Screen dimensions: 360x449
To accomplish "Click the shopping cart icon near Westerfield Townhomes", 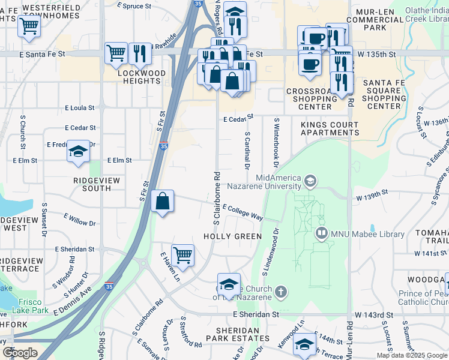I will (28, 26).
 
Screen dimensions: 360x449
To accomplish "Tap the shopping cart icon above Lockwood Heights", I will (116, 53).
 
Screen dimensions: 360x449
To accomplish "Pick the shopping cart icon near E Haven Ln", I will (182, 254).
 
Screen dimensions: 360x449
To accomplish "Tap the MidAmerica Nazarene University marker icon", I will (310, 181).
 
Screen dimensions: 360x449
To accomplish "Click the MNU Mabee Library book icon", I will (321, 233).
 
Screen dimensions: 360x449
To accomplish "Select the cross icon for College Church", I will (280, 292).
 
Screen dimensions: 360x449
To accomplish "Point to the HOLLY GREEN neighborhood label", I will (232, 236).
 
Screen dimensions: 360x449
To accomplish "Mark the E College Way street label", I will (243, 212).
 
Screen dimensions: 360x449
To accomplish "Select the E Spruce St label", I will (134, 5).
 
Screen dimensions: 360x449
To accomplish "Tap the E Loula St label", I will (79, 108).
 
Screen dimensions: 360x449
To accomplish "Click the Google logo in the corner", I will (20, 353).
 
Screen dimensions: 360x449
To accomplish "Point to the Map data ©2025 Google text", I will (412, 355).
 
